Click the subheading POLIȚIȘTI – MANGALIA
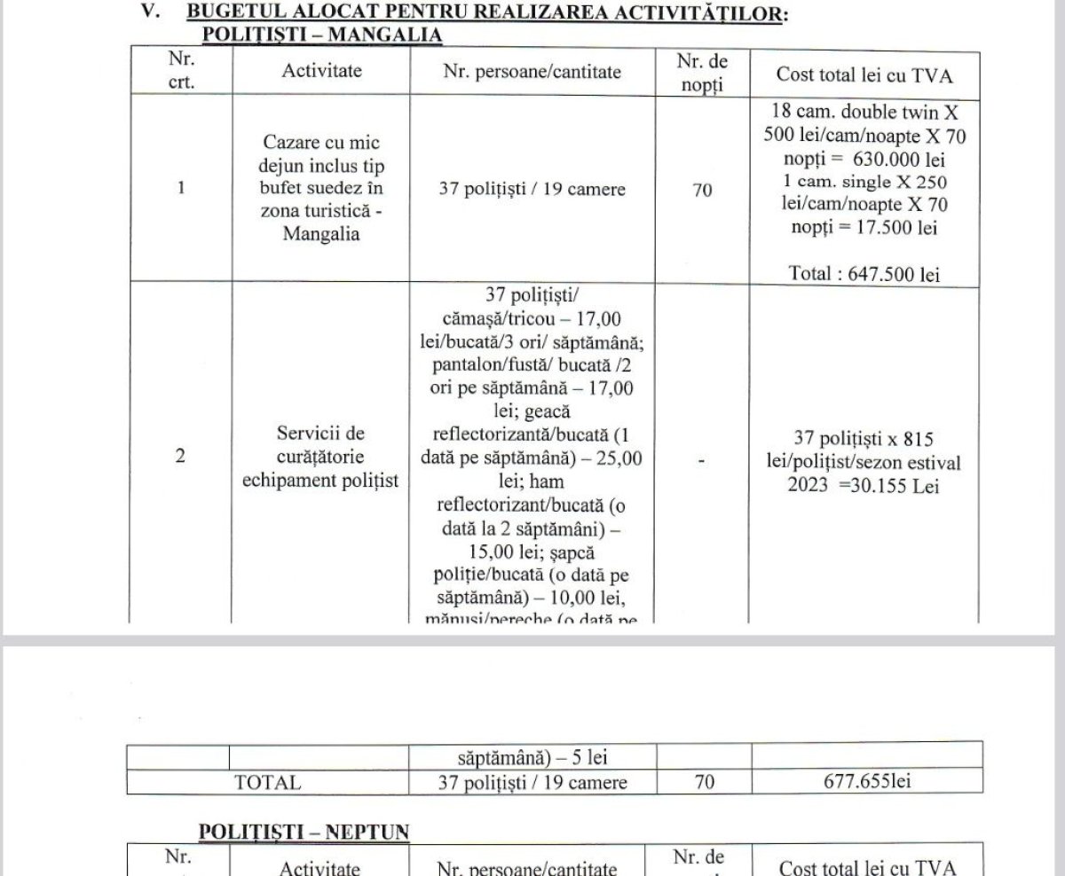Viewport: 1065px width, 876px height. (x=322, y=35)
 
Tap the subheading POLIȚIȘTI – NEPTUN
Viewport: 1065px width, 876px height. (x=304, y=832)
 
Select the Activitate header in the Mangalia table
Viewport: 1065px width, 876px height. (x=321, y=71)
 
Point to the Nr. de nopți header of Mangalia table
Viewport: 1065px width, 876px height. (x=701, y=73)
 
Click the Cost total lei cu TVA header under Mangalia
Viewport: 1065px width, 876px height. (x=864, y=74)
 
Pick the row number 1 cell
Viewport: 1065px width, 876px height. (x=181, y=189)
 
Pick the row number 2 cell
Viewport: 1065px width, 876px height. (x=181, y=457)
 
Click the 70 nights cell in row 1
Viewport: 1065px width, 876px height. (x=702, y=189)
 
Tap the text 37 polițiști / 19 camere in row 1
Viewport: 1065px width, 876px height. (x=532, y=190)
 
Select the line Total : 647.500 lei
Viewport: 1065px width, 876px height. (x=864, y=274)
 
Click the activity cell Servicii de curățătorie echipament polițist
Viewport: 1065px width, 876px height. (x=321, y=457)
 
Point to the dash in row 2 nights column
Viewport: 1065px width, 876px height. (x=701, y=459)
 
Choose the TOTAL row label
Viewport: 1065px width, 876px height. (x=267, y=783)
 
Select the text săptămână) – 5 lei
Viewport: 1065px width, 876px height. (x=532, y=758)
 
